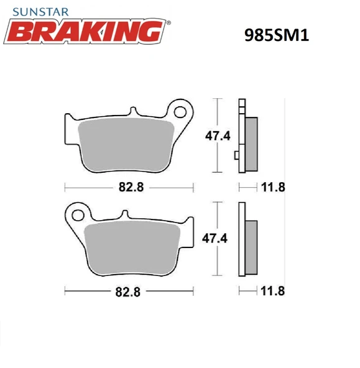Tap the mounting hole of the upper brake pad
click(x=181, y=111)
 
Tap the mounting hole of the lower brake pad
click(x=78, y=216)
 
